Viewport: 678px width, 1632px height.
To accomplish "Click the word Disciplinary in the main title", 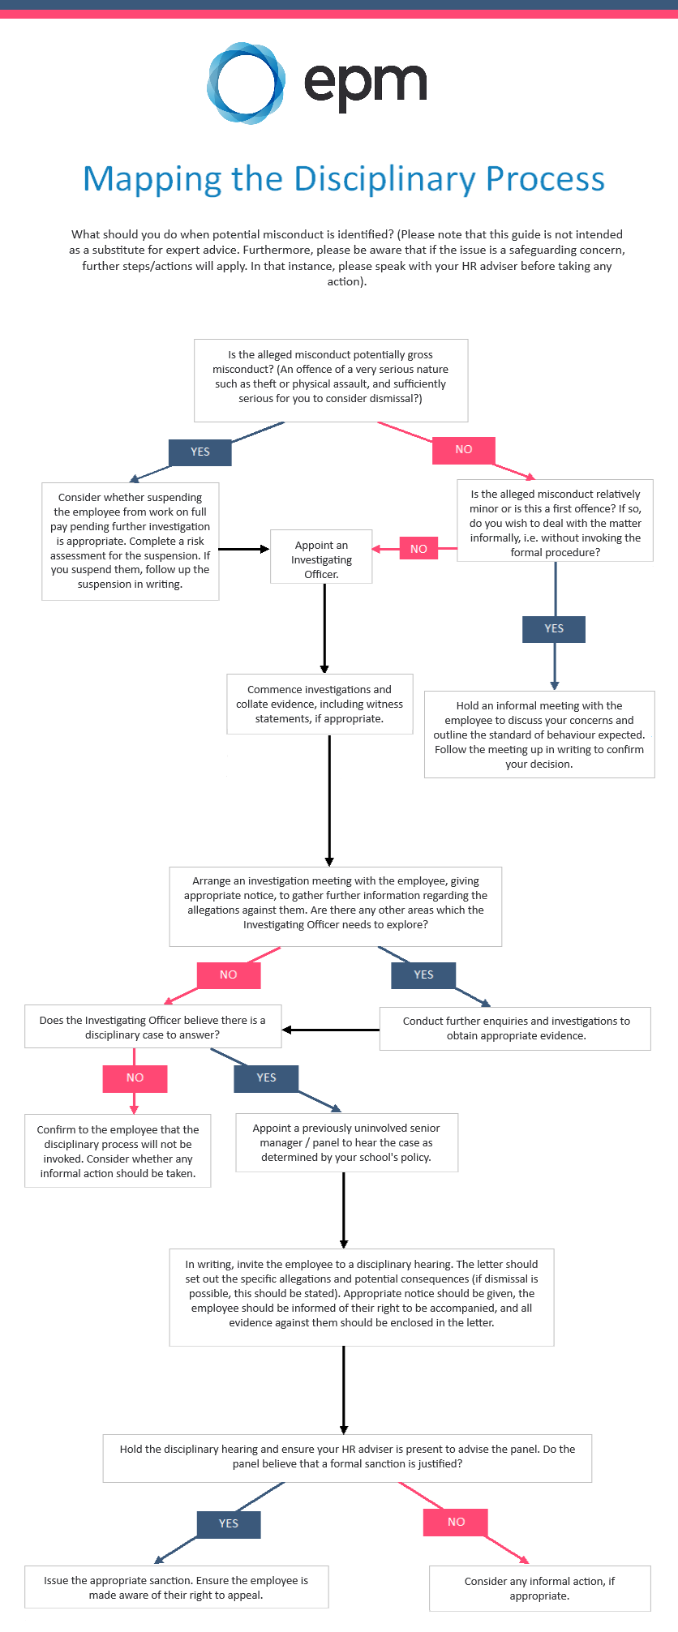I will point(384,179).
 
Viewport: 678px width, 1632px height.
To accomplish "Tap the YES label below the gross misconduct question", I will point(200,452).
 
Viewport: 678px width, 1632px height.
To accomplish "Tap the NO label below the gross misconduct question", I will point(463,450).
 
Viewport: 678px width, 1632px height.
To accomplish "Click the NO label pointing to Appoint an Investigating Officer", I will point(418,549).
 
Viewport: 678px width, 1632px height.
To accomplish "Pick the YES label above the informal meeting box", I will point(554,629).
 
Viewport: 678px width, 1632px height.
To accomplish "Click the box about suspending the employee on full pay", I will point(130,541).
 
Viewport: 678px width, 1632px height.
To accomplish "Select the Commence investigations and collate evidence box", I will point(320,705).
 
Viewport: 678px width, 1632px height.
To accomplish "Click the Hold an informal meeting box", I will point(539,735).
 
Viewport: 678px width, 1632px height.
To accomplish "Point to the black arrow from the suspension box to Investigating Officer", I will point(243,549).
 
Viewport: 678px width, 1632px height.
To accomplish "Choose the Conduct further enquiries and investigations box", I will point(516,1029).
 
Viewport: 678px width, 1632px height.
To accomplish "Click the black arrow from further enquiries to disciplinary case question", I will point(331,1030).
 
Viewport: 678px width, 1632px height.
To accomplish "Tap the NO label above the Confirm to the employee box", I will point(135,1078).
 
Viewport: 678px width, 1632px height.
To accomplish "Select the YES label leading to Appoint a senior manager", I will point(266,1078).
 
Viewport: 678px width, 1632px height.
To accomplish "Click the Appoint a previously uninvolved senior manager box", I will point(346,1142).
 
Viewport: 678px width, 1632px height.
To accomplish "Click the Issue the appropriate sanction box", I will point(176,1587).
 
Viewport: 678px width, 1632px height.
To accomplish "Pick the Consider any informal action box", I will point(539,1588).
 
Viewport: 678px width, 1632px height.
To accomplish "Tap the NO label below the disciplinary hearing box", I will point(456,1523).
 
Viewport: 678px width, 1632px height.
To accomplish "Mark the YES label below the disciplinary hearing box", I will point(229,1524).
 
